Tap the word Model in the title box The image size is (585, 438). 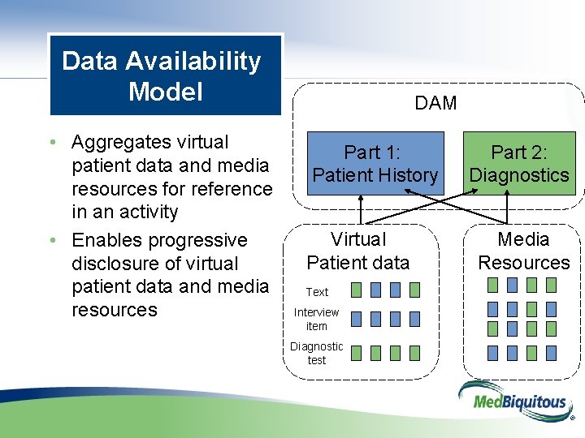(x=165, y=92)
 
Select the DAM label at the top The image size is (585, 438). (x=435, y=103)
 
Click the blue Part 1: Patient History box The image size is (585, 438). (x=375, y=163)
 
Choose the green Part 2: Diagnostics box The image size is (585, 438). (x=519, y=163)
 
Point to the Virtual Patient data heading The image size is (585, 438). (x=357, y=251)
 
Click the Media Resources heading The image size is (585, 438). (x=523, y=251)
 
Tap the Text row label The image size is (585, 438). (x=317, y=292)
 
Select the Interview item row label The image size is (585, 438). (x=316, y=319)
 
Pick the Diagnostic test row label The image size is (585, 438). (x=316, y=353)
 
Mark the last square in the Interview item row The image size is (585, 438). (x=415, y=319)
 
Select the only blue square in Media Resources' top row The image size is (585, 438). (x=512, y=285)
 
